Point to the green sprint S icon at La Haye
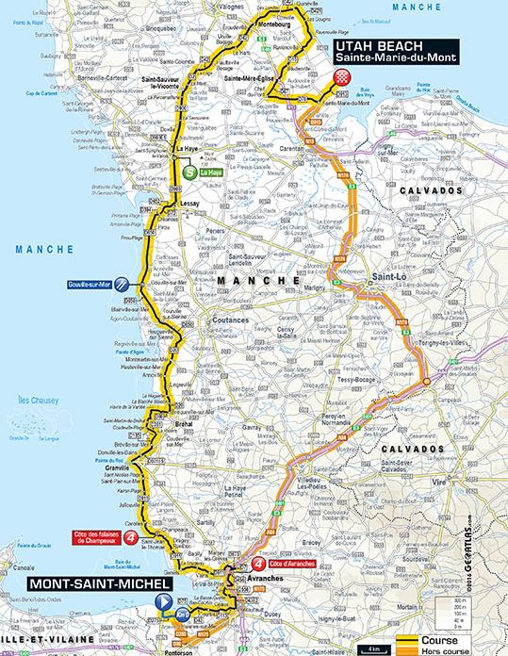tap(189, 172)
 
